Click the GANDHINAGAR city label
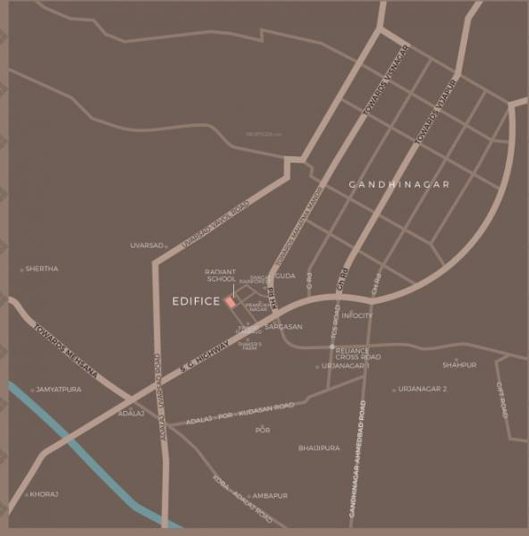[399, 184]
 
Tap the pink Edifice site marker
[231, 302]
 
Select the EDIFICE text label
[195, 302]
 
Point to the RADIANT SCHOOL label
[221, 275]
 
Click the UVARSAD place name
[147, 245]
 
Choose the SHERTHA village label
[42, 268]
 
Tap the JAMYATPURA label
[59, 389]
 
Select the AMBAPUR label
[269, 495]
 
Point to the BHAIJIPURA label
[319, 448]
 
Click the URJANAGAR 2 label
[423, 389]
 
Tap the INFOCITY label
[357, 315]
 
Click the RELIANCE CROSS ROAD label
[360, 353]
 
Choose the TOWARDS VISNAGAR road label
[386, 80]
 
